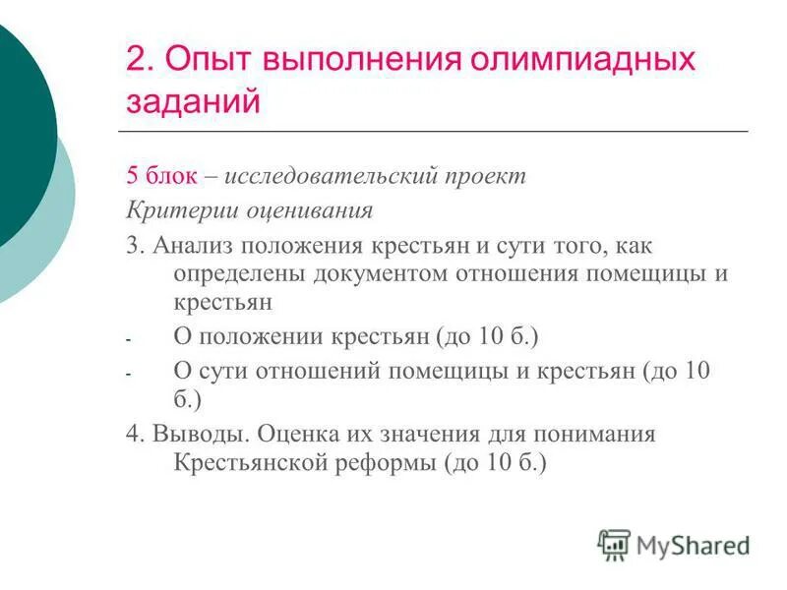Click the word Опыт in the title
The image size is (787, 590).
click(206, 61)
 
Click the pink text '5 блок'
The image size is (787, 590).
click(162, 177)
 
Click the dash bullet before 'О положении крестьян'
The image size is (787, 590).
click(128, 339)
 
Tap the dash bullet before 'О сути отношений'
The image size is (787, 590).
click(128, 374)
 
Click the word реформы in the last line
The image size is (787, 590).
click(392, 463)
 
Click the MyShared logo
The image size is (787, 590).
click(674, 545)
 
